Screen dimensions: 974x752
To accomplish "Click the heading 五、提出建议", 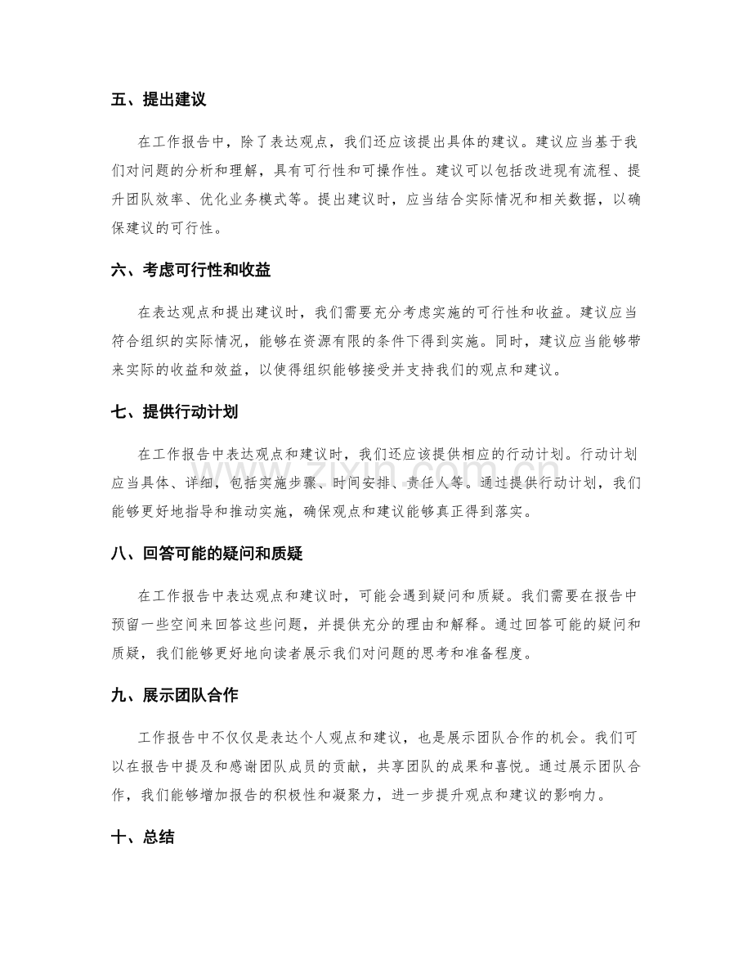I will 159,101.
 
